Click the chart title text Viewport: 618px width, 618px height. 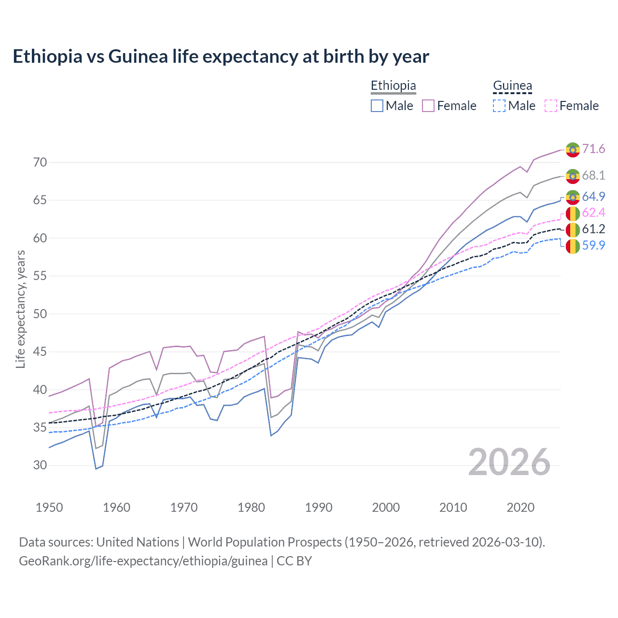[221, 56]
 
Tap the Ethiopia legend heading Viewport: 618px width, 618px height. [393, 85]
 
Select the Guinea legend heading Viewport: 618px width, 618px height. [512, 85]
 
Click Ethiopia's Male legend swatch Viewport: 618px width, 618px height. [377, 106]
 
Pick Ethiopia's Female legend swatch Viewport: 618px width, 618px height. [428, 106]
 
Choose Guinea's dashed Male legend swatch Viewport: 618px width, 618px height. [499, 106]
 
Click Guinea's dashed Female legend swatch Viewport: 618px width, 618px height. [551, 106]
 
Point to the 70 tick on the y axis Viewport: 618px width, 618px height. [40, 162]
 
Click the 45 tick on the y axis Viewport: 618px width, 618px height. [40, 351]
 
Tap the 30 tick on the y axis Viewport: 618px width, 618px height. [40, 465]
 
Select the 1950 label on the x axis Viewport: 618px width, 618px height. [49, 507]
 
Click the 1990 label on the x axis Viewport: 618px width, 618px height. [319, 507]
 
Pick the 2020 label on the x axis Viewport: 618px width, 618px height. [520, 507]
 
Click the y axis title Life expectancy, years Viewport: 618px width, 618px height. [21, 309]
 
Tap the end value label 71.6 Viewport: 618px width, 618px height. [593, 149]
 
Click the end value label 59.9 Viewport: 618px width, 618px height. [593, 245]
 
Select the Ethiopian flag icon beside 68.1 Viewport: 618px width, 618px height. [573, 176]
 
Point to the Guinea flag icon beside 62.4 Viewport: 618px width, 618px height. [573, 213]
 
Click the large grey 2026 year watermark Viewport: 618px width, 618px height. [509, 462]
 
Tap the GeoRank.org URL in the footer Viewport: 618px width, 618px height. [143, 561]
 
